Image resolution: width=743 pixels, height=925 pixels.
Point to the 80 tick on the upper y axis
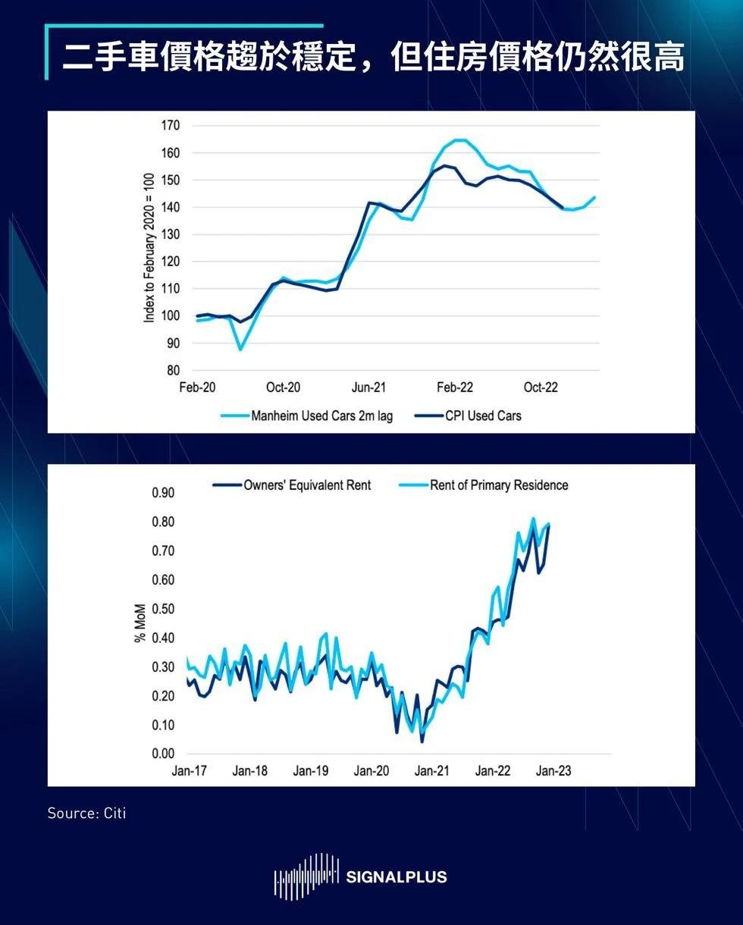coord(172,371)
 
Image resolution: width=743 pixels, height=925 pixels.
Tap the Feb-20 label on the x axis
coord(197,387)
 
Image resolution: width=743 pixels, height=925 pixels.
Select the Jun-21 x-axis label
coord(368,387)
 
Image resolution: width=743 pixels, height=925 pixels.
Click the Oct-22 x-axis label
coord(541,387)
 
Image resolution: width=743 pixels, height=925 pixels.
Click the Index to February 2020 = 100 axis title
coord(149,247)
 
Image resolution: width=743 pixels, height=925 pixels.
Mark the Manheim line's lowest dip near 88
coord(240,349)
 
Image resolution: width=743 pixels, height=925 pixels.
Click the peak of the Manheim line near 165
coord(459,140)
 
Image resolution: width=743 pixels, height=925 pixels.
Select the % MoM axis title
coord(140,623)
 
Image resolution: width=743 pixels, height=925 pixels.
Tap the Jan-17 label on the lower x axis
coord(189,771)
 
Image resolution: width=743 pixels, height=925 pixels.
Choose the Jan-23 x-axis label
coord(553,771)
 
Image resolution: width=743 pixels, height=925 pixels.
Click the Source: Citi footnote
coord(86,814)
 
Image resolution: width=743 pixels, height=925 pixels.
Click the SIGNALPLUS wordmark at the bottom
coord(396,877)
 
